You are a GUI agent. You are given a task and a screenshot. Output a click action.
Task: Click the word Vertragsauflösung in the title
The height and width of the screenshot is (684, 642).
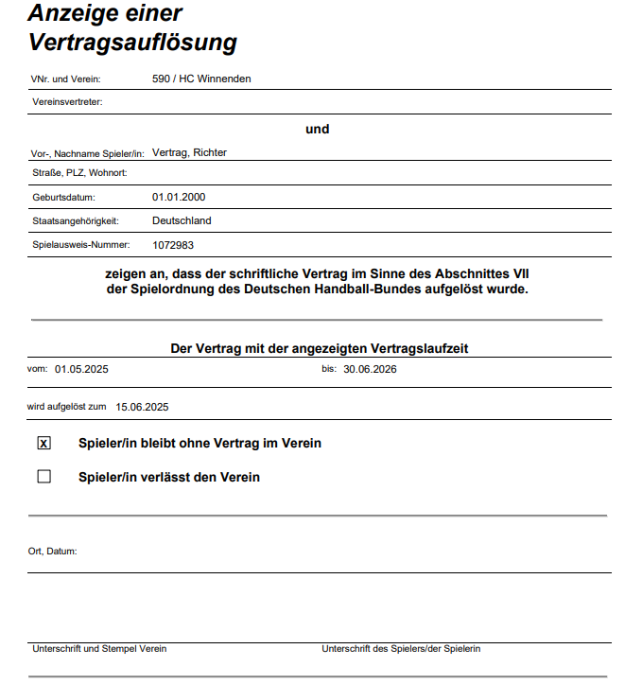pyautogui.click(x=132, y=43)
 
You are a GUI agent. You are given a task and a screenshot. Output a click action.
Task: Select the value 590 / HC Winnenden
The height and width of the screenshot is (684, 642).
pyautogui.click(x=201, y=79)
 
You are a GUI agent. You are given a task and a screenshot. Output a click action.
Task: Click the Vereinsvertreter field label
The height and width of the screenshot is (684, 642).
pyautogui.click(x=67, y=101)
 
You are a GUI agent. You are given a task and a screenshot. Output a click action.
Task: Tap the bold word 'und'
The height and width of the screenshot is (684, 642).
pyautogui.click(x=318, y=129)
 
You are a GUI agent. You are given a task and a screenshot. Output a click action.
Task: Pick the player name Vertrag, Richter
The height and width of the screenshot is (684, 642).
pyautogui.click(x=189, y=152)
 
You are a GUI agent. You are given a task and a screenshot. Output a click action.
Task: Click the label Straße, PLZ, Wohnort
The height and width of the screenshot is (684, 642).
pyautogui.click(x=79, y=173)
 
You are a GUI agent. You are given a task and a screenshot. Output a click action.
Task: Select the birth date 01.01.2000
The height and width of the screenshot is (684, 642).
pyautogui.click(x=179, y=197)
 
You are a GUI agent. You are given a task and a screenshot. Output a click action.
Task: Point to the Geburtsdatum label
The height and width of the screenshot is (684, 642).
pyautogui.click(x=64, y=198)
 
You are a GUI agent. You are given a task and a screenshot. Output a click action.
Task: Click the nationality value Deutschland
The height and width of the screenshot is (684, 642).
pyautogui.click(x=182, y=220)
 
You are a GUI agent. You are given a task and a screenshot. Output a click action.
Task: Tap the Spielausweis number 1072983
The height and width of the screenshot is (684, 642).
pyautogui.click(x=173, y=244)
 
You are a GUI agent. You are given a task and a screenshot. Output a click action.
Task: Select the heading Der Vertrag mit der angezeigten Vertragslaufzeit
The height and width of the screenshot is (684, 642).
pyautogui.click(x=320, y=348)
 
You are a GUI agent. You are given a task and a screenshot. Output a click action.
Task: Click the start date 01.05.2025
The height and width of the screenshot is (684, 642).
pyautogui.click(x=81, y=369)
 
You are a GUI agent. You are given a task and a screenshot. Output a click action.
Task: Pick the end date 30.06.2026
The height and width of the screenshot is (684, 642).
pyautogui.click(x=370, y=369)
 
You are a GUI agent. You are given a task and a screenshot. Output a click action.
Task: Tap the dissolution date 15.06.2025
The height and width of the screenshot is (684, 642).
pyautogui.click(x=142, y=407)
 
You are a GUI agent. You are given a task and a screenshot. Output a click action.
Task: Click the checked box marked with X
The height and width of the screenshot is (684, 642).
pyautogui.click(x=43, y=443)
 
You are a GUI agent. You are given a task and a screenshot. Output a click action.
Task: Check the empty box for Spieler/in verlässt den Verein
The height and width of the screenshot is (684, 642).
pyautogui.click(x=43, y=477)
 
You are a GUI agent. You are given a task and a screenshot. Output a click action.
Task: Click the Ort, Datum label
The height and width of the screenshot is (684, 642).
pyautogui.click(x=53, y=551)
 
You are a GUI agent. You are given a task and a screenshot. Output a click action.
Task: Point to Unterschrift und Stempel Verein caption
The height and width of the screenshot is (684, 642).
pyautogui.click(x=99, y=649)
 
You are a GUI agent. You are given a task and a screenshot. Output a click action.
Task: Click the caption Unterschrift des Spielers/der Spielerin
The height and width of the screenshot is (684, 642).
pyautogui.click(x=401, y=649)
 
